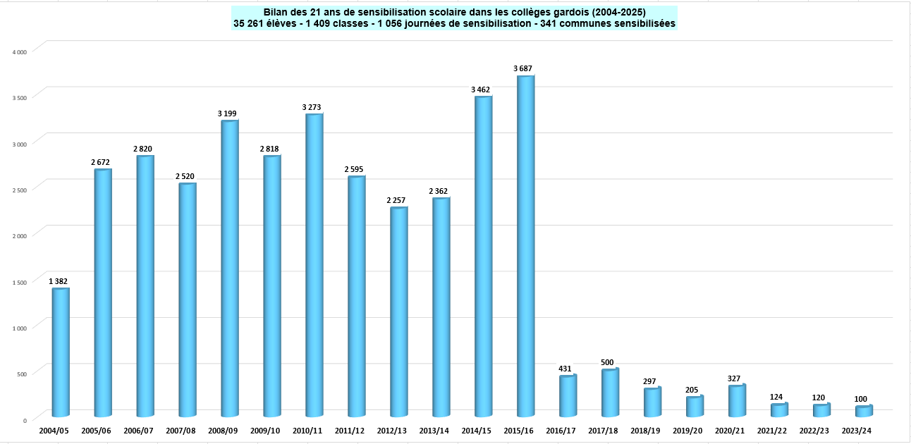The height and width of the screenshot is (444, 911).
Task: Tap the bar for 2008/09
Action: [230, 268]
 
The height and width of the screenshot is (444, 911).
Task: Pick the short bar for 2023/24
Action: [864, 411]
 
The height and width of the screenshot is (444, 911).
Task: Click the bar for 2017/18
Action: [611, 392]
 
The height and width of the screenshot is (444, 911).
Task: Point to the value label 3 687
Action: [522, 68]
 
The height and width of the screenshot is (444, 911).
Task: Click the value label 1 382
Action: [59, 281]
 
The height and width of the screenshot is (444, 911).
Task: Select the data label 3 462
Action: [481, 90]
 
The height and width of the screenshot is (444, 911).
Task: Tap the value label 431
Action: [565, 369]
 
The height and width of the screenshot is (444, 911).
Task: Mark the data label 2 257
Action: [396, 201]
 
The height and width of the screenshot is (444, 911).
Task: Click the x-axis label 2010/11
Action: [307, 431]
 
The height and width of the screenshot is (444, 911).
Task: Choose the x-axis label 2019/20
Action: [687, 431]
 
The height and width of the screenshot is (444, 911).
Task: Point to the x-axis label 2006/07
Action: [138, 431]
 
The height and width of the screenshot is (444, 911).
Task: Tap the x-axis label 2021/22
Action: [772, 431]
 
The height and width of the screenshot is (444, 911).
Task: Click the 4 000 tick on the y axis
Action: [20, 51]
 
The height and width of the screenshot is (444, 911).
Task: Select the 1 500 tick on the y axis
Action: [20, 282]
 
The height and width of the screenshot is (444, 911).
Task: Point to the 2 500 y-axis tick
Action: [20, 190]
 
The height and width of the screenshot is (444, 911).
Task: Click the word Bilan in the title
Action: [276, 12]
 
